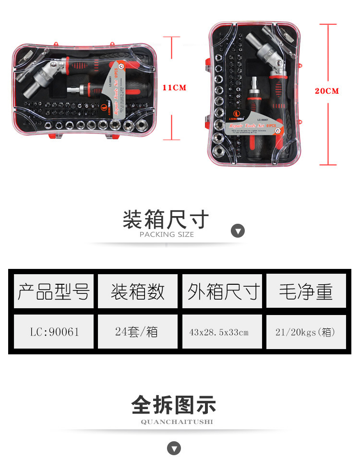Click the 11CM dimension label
pos(174,88)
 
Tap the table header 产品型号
pos(53,291)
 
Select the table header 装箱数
pos(138,291)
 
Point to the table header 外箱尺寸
pos(222,291)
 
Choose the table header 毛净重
pos(306,291)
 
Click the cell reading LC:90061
pos(53,332)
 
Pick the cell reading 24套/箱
pos(138,332)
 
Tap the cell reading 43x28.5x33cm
pos(222,332)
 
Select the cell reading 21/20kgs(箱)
pos(306,332)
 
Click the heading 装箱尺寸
pos(166,220)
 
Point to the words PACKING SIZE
pos(167,235)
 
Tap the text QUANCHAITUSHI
pos(177,422)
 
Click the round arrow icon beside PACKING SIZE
pos(238,231)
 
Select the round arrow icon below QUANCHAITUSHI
pos(174,448)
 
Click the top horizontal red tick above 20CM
pos(328,24)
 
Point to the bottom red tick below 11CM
pos(171,140)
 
